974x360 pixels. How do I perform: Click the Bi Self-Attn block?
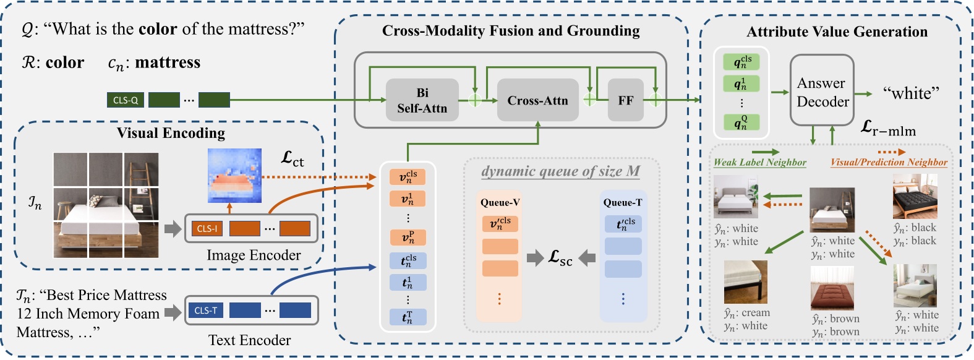(x=422, y=100)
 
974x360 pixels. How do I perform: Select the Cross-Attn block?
(x=537, y=100)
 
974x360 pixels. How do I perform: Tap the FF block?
(x=625, y=100)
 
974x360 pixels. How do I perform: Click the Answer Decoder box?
(x=822, y=92)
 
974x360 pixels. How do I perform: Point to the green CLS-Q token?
(x=126, y=100)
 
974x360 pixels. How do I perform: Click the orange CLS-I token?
(x=207, y=228)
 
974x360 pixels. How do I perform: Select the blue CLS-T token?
(x=205, y=310)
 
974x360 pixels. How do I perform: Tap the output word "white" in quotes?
(x=911, y=93)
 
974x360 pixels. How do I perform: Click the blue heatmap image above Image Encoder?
(x=234, y=175)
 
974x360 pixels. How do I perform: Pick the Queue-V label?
(x=500, y=202)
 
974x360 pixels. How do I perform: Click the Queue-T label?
(x=622, y=202)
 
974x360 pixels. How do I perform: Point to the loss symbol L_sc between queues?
(x=560, y=258)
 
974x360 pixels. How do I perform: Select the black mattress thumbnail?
(x=915, y=197)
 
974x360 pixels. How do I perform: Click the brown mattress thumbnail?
(x=832, y=288)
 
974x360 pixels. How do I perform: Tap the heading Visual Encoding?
(x=171, y=133)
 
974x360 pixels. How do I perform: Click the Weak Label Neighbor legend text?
(x=759, y=162)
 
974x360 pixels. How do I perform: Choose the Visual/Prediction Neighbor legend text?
(x=888, y=162)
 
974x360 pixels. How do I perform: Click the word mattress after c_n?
(x=168, y=62)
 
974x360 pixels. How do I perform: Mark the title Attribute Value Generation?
(x=836, y=32)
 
